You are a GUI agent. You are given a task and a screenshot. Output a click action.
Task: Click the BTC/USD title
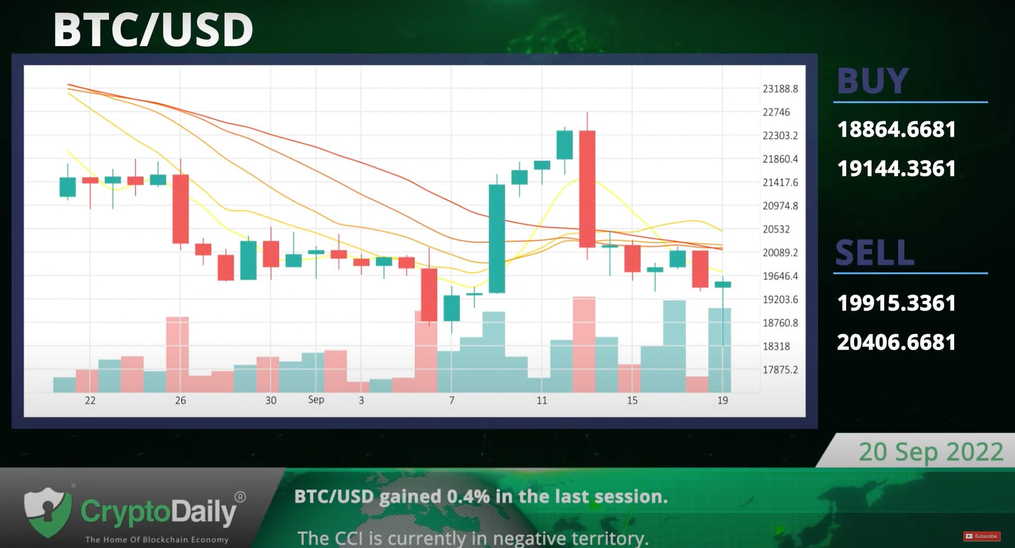point(153,30)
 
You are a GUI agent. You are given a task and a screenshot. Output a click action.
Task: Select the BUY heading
point(873,81)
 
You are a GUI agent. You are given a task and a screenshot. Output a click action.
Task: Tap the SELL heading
point(875,252)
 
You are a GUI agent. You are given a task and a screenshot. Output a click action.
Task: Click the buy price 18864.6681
point(896,130)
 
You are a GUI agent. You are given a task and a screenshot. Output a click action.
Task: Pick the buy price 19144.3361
point(896,169)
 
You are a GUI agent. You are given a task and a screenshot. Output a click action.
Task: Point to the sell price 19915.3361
point(896,303)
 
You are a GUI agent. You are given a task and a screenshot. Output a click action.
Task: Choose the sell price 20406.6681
point(896,342)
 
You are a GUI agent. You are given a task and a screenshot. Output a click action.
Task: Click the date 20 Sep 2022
point(931,452)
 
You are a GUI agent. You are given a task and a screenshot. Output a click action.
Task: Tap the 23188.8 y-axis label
point(780,89)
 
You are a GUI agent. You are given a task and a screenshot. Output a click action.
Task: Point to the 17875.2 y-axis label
point(780,370)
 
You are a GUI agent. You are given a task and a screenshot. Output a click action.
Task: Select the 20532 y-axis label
point(776,229)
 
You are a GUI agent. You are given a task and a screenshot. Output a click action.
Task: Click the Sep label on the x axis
point(316,399)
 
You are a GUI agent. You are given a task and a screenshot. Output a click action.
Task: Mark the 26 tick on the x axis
point(180,400)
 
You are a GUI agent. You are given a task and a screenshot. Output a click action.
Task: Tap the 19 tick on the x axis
point(722,400)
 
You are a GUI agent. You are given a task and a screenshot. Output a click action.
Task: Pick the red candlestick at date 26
point(180,209)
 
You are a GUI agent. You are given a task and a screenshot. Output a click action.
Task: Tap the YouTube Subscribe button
point(982,536)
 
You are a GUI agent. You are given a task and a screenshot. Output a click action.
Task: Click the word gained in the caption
point(410,496)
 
